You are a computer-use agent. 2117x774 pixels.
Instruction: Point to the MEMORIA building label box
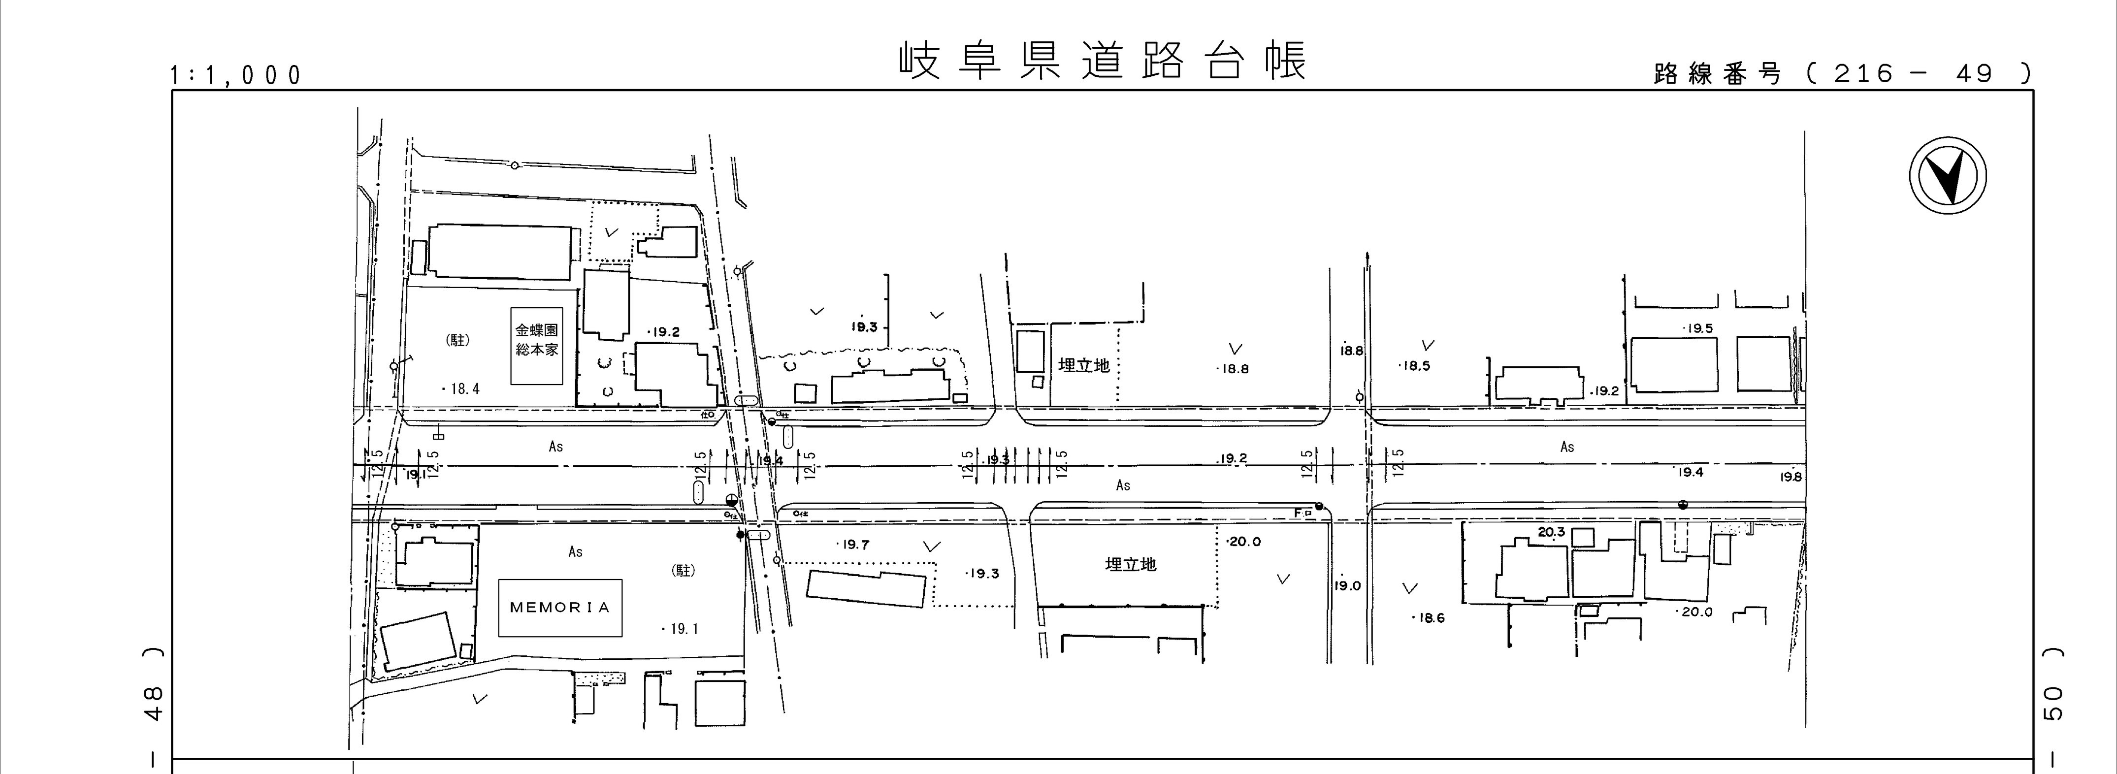pos(559,608)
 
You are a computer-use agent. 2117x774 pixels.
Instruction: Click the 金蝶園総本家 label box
pos(537,346)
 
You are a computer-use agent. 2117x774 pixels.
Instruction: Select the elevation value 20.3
pos(1551,532)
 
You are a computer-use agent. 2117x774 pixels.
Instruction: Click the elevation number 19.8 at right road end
pos(1791,477)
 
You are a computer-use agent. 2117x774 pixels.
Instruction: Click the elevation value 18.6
pos(1430,618)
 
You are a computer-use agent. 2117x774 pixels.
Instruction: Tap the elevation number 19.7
pos(855,545)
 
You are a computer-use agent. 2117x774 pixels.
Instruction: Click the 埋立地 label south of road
pos(1130,564)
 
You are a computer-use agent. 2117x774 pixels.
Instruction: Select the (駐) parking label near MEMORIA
pos(684,570)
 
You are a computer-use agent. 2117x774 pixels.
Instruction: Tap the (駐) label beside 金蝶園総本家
pos(458,340)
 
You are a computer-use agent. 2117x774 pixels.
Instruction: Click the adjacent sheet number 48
pos(154,703)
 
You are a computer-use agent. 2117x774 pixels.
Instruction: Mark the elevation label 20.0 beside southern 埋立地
pos(1244,542)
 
